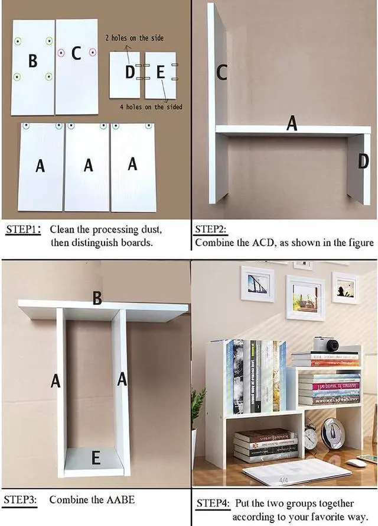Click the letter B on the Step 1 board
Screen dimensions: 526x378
(x=32, y=60)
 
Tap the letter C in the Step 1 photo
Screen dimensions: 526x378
(x=76, y=53)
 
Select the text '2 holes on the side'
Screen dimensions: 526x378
(x=134, y=38)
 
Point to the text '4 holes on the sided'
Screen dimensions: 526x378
(x=151, y=107)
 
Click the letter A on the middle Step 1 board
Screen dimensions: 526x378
(x=88, y=165)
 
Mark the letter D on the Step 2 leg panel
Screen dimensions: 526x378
(x=363, y=160)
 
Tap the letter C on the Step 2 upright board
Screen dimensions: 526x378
(x=221, y=72)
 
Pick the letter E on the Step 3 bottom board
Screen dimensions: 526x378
(x=96, y=458)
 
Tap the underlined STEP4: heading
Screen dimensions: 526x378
(x=213, y=504)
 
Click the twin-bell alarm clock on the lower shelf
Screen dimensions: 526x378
(x=311, y=437)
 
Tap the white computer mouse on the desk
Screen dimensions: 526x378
(x=356, y=463)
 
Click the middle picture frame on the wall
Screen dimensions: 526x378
(x=305, y=297)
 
